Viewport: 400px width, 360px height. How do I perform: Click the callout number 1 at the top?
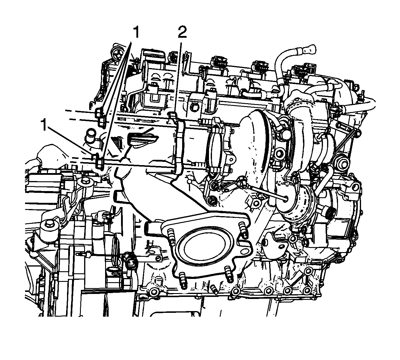pos(136,32)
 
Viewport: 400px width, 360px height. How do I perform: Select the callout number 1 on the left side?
pos(44,124)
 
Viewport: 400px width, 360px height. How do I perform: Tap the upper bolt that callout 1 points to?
pos(100,117)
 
